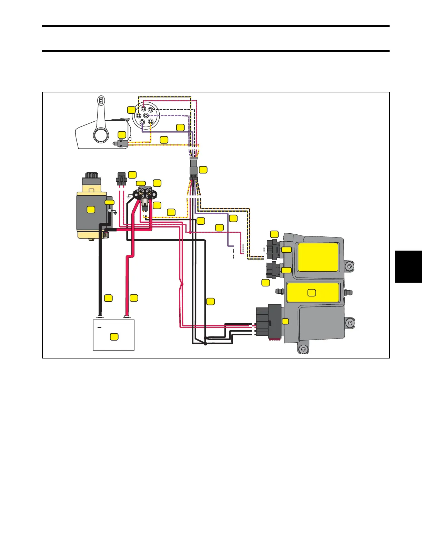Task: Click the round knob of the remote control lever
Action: tap(100, 135)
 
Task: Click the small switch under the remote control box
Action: tap(122, 144)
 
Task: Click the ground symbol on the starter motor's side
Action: tap(115, 213)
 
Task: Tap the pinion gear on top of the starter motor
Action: tap(91, 175)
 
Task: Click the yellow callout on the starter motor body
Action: tap(91, 209)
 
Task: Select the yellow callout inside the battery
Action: tap(114, 337)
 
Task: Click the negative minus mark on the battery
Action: tap(100, 327)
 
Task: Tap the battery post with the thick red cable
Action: tap(127, 316)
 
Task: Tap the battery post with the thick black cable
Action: tap(100, 316)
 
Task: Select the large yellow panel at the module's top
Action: tap(318, 257)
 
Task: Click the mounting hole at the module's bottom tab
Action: tap(303, 350)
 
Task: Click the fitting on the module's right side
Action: tap(347, 293)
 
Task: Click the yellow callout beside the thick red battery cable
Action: tap(134, 298)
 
